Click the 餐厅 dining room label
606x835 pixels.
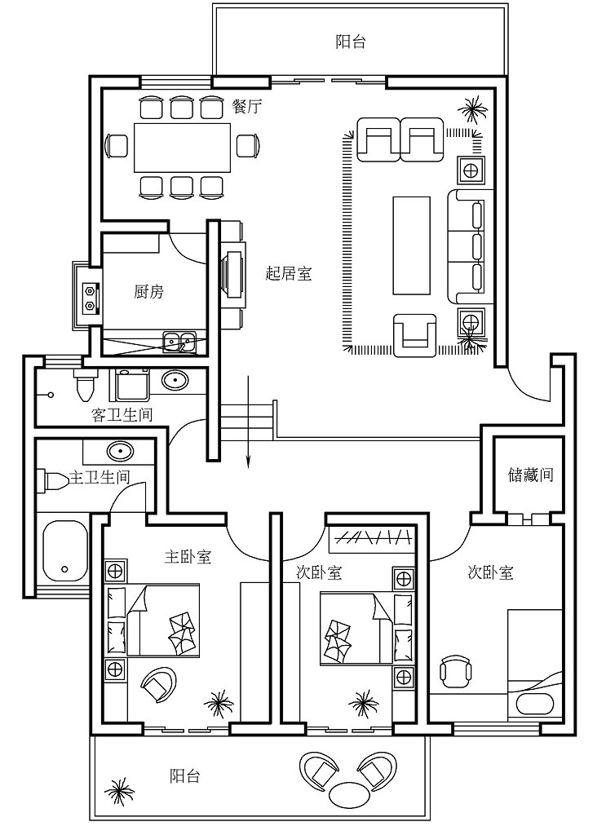click(x=247, y=107)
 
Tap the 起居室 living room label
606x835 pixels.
click(x=288, y=274)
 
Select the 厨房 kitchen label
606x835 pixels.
click(x=148, y=291)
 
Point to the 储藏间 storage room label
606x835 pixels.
click(x=530, y=475)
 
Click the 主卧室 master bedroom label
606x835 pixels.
click(x=188, y=557)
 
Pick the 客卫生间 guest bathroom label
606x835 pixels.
click(x=122, y=414)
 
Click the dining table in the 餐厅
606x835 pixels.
click(x=182, y=148)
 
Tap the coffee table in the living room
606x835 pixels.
click(x=412, y=245)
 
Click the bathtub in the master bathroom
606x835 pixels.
click(x=65, y=551)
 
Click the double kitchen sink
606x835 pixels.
click(x=179, y=342)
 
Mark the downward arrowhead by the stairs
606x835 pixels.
click(x=248, y=463)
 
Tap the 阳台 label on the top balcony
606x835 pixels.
click(x=351, y=42)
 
